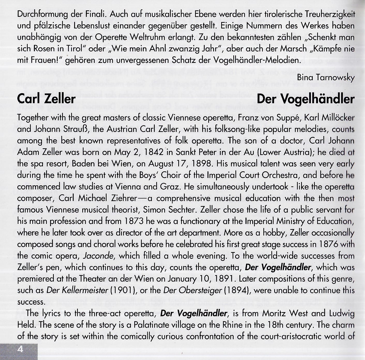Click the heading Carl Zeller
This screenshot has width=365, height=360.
coord(46,99)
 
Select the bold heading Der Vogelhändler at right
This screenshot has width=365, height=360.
coord(306,99)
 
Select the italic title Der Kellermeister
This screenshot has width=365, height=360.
coord(77,290)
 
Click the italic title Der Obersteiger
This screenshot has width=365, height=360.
coord(193,290)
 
